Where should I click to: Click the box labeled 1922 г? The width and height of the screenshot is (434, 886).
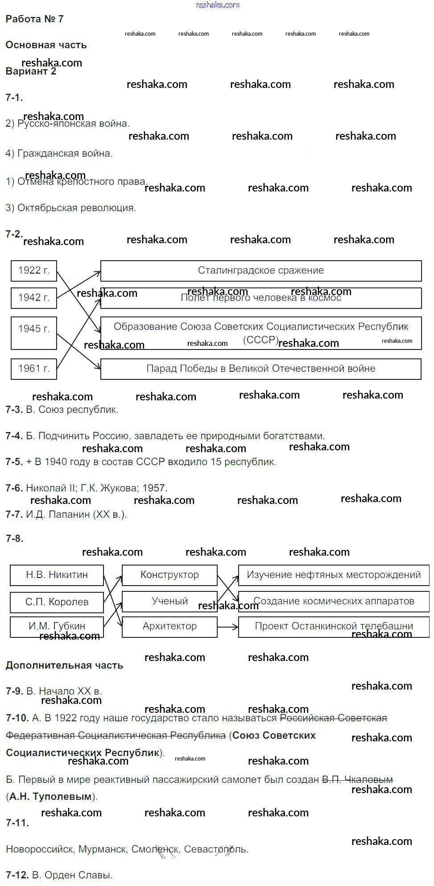(x=34, y=270)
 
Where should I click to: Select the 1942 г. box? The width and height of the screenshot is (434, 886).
(x=34, y=298)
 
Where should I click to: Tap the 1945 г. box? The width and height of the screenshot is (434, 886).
(x=34, y=333)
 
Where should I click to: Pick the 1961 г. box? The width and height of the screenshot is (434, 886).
(x=34, y=369)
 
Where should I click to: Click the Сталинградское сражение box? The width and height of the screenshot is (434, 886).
(x=261, y=270)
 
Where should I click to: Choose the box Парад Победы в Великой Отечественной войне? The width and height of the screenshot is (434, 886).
(x=261, y=369)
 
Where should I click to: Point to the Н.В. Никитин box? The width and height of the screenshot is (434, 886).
(x=57, y=575)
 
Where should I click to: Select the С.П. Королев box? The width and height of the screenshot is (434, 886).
(x=57, y=602)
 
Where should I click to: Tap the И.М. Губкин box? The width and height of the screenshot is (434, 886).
(x=57, y=626)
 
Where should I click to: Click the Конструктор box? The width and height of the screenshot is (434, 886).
(x=169, y=575)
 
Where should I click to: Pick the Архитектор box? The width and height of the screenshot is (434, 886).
(x=169, y=626)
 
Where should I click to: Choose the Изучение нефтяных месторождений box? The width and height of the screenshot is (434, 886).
(x=334, y=575)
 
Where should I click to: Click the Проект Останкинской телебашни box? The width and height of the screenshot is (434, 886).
(x=334, y=626)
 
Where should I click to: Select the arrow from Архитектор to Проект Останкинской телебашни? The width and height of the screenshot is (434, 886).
(x=228, y=627)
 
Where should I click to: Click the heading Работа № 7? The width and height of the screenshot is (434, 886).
(x=34, y=19)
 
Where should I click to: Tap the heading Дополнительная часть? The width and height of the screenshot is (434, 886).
(x=64, y=666)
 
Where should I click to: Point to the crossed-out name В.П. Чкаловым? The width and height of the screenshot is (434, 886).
(x=357, y=780)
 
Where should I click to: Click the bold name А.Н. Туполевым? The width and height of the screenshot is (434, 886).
(x=50, y=796)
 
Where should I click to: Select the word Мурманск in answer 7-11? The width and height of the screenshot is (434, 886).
(x=103, y=849)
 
